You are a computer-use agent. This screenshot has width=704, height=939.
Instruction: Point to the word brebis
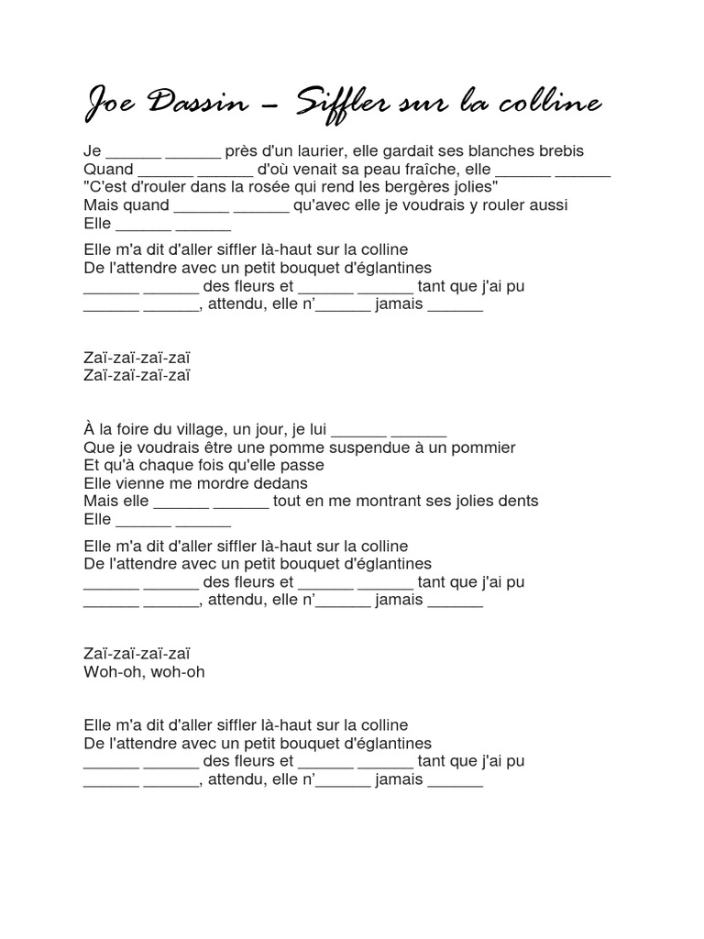click(561, 151)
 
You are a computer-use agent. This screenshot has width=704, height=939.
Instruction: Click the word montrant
click(385, 501)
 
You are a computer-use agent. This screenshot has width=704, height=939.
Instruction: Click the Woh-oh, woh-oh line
click(144, 671)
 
